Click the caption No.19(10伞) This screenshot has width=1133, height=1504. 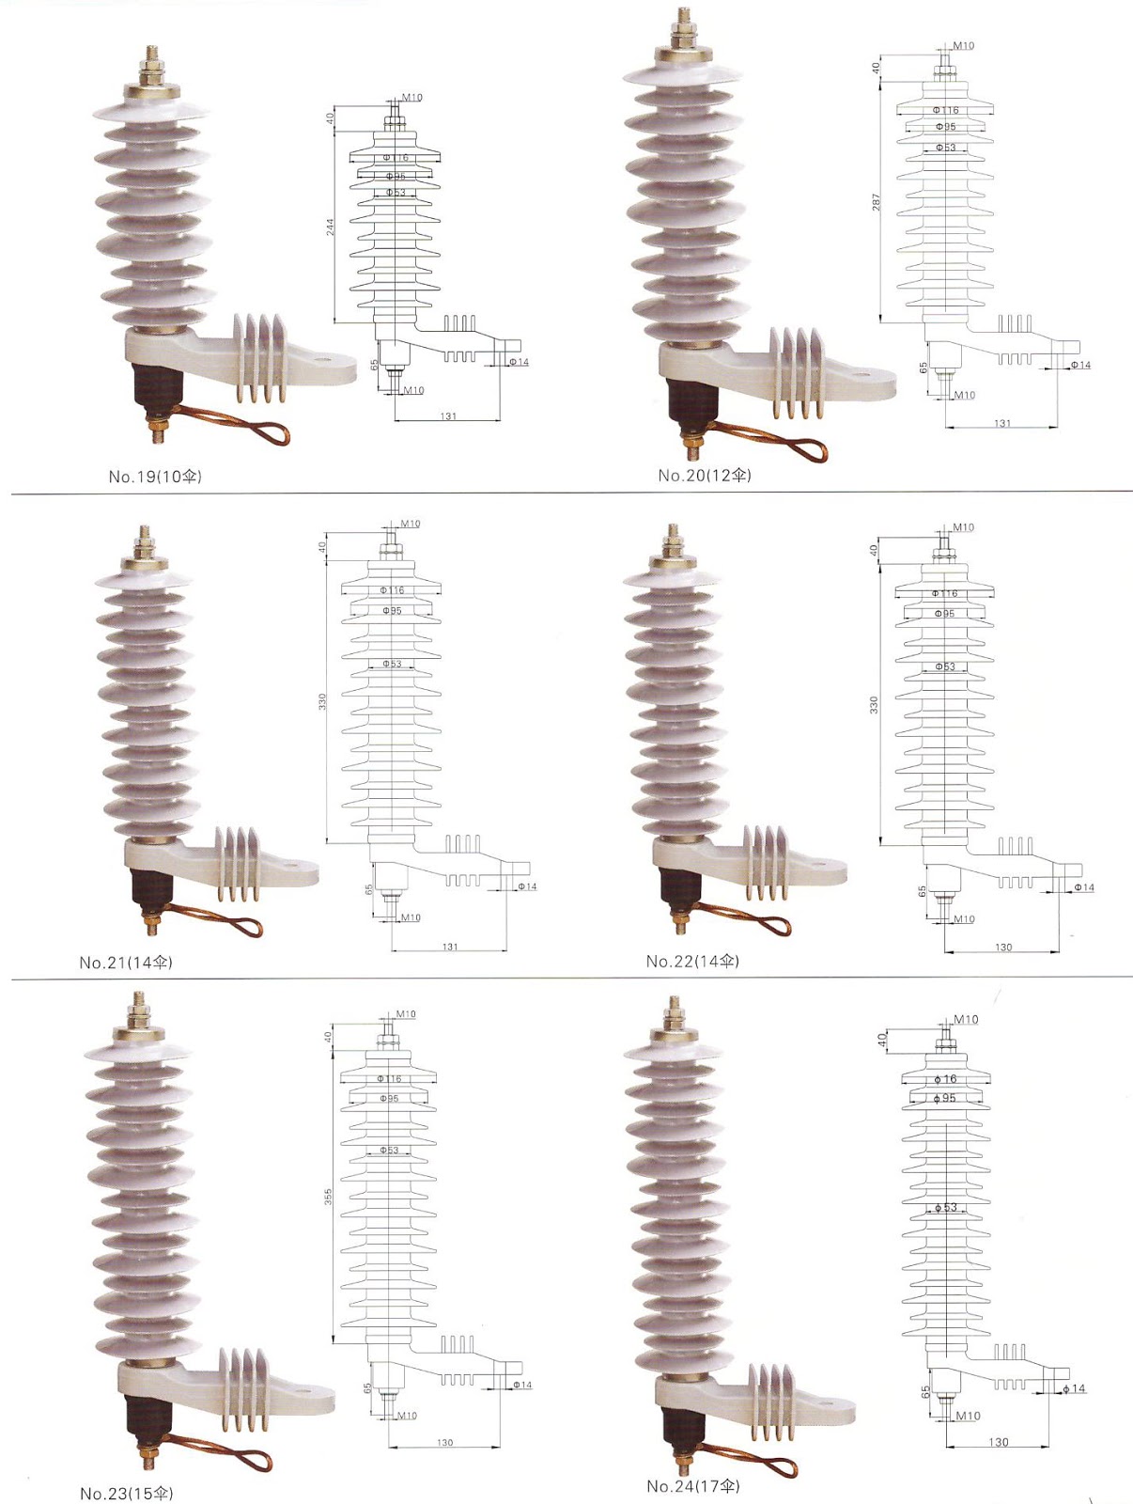click(x=155, y=477)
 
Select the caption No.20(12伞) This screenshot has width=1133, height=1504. click(x=705, y=476)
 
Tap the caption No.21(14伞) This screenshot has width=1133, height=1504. click(x=126, y=963)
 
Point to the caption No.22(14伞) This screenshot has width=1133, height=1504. click(x=692, y=961)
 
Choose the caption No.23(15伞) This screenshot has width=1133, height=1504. click(x=127, y=1494)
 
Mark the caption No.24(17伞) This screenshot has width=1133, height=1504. click(x=693, y=1486)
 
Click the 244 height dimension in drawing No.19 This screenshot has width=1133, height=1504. click(x=331, y=227)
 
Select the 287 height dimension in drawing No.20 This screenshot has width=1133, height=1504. click(x=877, y=202)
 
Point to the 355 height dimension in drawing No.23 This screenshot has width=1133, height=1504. click(x=329, y=1197)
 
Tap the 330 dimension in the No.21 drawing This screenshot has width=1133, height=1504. click(x=322, y=702)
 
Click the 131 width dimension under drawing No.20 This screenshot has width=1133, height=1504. click(x=1002, y=424)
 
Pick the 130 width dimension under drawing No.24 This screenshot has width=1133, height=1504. click(x=999, y=1442)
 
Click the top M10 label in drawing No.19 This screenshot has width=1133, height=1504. click(x=412, y=98)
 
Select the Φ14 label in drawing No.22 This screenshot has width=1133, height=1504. click(x=1084, y=887)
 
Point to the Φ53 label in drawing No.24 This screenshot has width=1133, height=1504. click(x=945, y=1208)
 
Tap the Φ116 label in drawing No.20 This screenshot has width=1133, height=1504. click(x=946, y=111)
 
